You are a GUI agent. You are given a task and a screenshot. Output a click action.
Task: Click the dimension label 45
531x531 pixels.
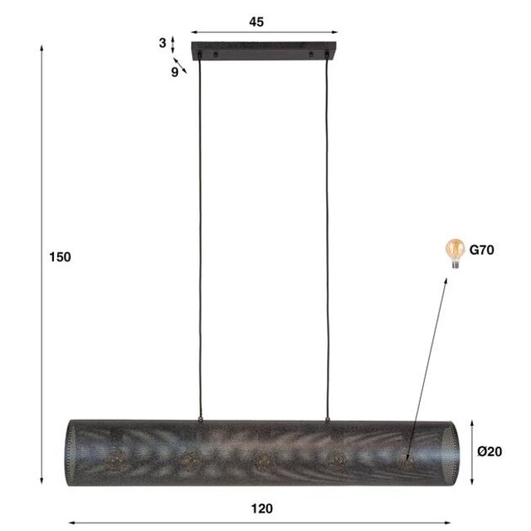pyautogui.click(x=257, y=23)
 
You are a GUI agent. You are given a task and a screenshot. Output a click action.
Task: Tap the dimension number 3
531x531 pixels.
pyautogui.click(x=163, y=42)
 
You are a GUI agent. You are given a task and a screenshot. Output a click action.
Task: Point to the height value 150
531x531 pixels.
pyautogui.click(x=61, y=257)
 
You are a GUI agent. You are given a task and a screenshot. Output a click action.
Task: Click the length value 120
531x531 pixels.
pyautogui.click(x=261, y=508)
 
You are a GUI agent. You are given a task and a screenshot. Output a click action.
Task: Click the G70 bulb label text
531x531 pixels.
pyautogui.click(x=480, y=250)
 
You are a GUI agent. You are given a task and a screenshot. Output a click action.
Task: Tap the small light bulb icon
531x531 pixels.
pyautogui.click(x=451, y=250)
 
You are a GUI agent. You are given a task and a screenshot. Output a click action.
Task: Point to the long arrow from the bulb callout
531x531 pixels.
pyautogui.click(x=426, y=368)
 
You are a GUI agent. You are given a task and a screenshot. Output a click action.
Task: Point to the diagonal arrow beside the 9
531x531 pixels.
pyautogui.click(x=182, y=67)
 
